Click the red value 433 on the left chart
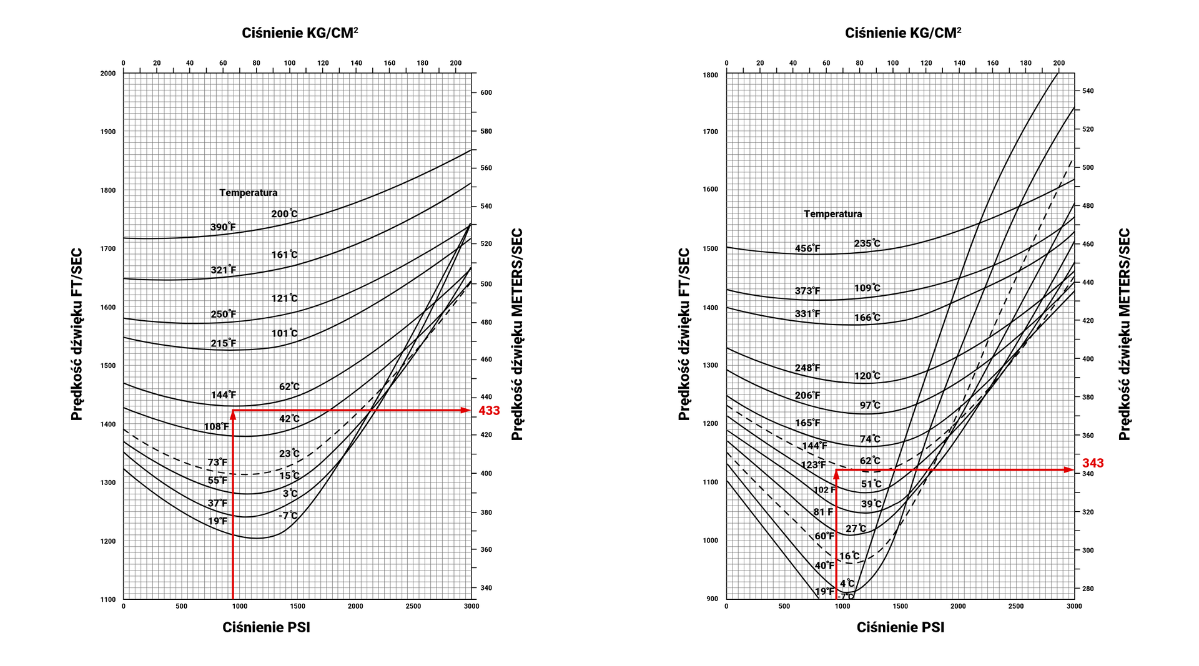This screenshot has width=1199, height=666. (x=489, y=411)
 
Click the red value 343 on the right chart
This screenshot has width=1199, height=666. (x=1093, y=463)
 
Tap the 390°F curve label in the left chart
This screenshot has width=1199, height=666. (x=223, y=227)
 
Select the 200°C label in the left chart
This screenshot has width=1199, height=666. (x=284, y=214)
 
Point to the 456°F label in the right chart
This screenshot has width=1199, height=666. (x=807, y=248)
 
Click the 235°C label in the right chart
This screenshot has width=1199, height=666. (x=867, y=243)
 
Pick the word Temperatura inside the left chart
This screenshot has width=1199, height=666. (x=248, y=193)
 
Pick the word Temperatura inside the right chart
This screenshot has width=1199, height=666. (x=832, y=214)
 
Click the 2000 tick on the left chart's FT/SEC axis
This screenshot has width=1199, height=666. (x=108, y=74)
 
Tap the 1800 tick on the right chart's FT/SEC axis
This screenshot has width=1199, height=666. (x=711, y=76)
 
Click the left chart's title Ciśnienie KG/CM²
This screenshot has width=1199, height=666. (x=300, y=33)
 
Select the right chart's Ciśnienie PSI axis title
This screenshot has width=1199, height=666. (x=900, y=627)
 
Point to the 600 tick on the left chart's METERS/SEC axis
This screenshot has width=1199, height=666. (x=486, y=93)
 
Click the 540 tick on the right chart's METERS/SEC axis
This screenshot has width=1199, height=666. (x=1088, y=91)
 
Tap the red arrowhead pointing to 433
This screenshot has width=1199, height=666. (x=466, y=410)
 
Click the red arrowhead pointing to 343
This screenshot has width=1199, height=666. (x=1069, y=469)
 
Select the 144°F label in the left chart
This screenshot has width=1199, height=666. (x=223, y=395)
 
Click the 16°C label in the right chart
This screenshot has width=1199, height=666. (x=849, y=556)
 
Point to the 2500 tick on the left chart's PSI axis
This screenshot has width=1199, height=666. (x=413, y=606)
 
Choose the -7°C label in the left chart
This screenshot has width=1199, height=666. (x=289, y=516)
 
